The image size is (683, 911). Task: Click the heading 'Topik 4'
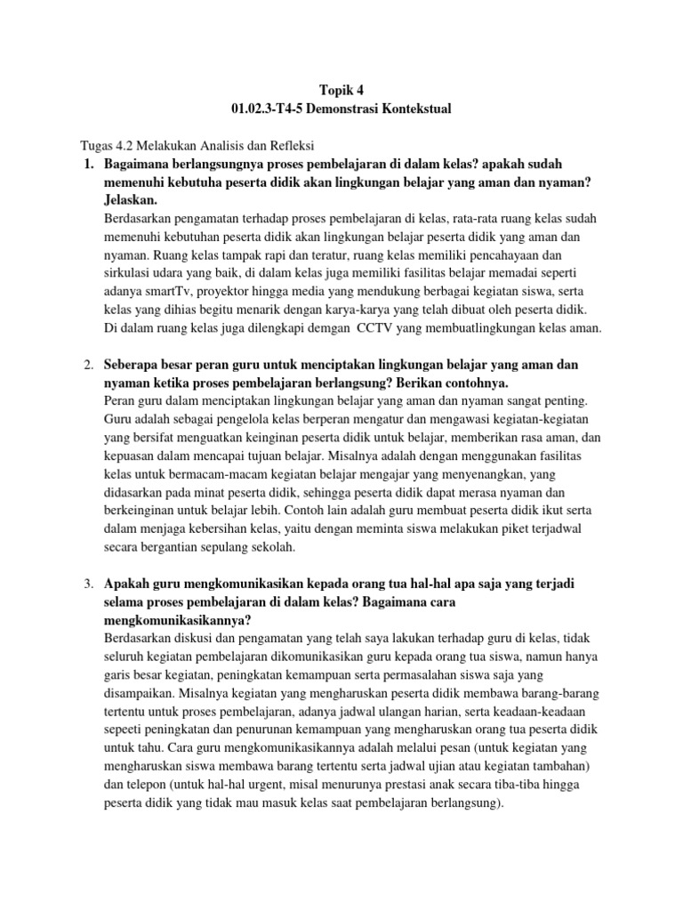point(341,89)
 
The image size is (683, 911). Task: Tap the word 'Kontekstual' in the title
point(417,109)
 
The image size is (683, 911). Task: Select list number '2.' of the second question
point(88,365)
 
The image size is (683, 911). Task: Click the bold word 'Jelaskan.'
point(133,200)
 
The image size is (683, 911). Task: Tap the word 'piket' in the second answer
point(471,529)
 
